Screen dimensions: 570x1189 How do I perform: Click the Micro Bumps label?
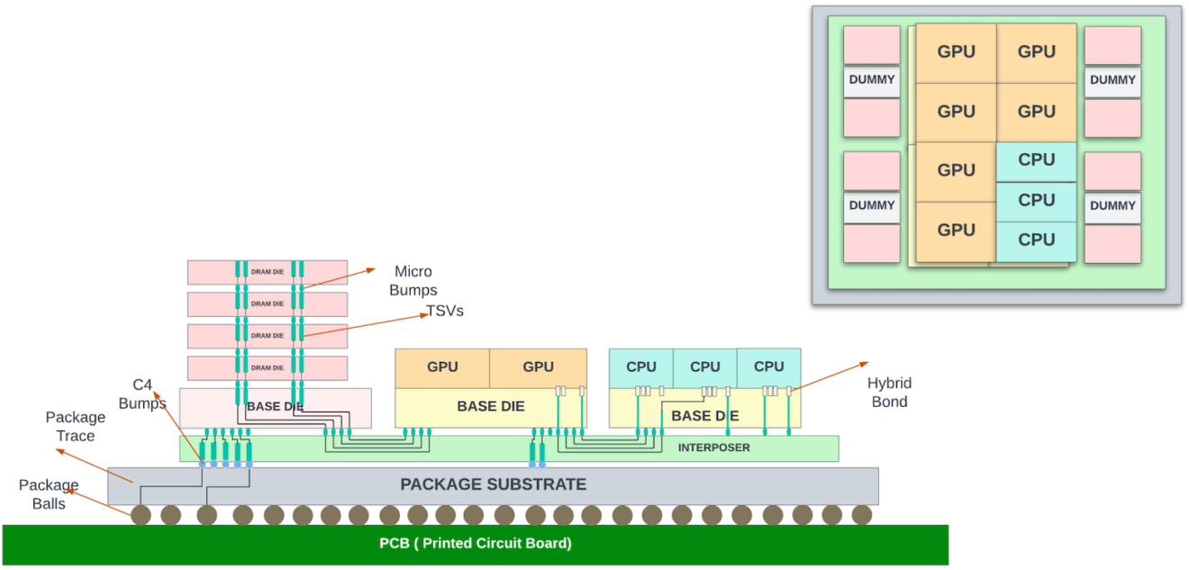tap(414, 281)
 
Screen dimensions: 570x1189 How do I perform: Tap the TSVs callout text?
tap(444, 312)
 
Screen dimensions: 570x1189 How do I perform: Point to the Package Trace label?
tap(76, 427)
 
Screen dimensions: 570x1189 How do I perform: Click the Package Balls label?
tap(49, 494)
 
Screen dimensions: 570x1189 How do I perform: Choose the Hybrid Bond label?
tap(889, 393)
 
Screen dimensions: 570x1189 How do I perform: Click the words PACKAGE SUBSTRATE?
tap(493, 484)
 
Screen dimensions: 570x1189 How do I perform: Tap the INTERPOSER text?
tap(713, 448)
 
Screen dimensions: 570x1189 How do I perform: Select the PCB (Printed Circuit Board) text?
tap(475, 543)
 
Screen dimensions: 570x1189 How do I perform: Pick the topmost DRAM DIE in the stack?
tap(268, 272)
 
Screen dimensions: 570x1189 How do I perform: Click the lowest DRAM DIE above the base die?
tap(268, 367)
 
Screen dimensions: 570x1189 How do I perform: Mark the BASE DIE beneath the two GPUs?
tap(490, 406)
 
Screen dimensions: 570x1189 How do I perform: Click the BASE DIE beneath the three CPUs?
tap(704, 415)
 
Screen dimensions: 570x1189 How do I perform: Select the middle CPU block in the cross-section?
tap(704, 366)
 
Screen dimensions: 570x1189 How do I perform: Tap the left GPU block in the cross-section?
tap(442, 366)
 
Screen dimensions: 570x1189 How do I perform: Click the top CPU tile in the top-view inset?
tap(1036, 160)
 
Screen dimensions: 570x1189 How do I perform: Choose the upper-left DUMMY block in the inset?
tap(871, 80)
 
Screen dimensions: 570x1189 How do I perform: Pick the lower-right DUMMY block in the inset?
tap(1112, 206)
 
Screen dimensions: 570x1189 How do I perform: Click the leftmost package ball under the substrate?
tap(141, 515)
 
